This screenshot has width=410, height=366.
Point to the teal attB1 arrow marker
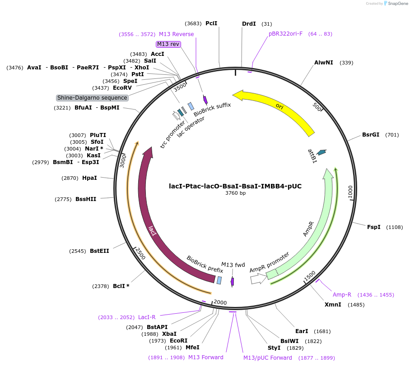321,153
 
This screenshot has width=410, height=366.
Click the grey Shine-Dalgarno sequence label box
93,98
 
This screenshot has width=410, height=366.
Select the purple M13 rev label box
168,44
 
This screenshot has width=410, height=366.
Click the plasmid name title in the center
235,186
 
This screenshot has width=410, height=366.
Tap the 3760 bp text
235,193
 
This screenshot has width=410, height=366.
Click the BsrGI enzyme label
371,135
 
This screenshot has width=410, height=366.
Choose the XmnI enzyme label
333,305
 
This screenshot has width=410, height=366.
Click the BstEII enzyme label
99,251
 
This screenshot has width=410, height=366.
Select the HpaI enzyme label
89,178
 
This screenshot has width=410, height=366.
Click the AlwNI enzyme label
324,63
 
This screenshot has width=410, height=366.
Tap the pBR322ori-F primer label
286,34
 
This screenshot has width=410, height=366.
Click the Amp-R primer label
342,295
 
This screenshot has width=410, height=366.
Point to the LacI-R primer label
147,317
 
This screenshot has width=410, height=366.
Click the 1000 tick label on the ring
351,192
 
